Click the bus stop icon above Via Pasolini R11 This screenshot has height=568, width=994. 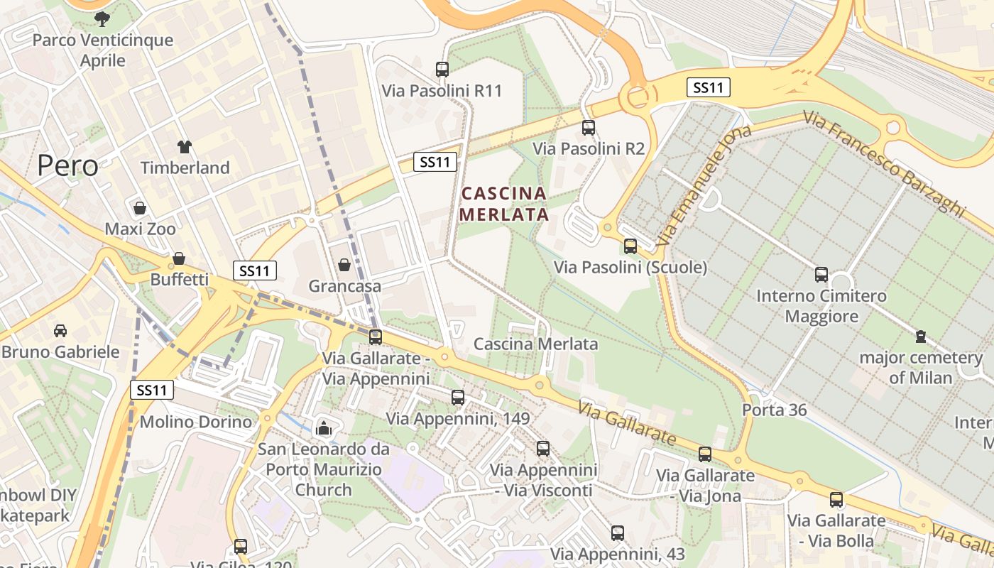click(442, 70)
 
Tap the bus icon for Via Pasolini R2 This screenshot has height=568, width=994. click(589, 128)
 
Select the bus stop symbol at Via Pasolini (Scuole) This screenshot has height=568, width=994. click(630, 246)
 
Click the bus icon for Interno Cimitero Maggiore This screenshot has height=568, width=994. click(821, 275)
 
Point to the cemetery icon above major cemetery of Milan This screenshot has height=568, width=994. click(921, 336)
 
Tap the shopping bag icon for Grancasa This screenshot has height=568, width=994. click(344, 265)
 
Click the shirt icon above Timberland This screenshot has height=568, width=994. click(185, 147)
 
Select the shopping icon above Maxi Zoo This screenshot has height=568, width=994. click(140, 208)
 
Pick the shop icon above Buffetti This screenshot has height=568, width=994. click(179, 258)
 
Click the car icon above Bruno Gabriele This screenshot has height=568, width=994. click(60, 331)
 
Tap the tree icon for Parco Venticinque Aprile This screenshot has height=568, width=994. click(102, 18)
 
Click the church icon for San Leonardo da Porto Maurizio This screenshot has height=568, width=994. click(324, 428)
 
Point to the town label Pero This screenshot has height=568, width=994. click(67, 165)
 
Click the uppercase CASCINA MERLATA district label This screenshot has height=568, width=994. click(504, 204)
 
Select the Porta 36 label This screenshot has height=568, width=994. click(773, 410)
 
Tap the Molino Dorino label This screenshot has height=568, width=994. click(196, 422)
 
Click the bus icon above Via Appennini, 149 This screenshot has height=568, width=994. click(458, 398)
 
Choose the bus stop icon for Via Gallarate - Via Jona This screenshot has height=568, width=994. click(705, 454)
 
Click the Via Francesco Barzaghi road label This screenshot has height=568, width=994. click(885, 162)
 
